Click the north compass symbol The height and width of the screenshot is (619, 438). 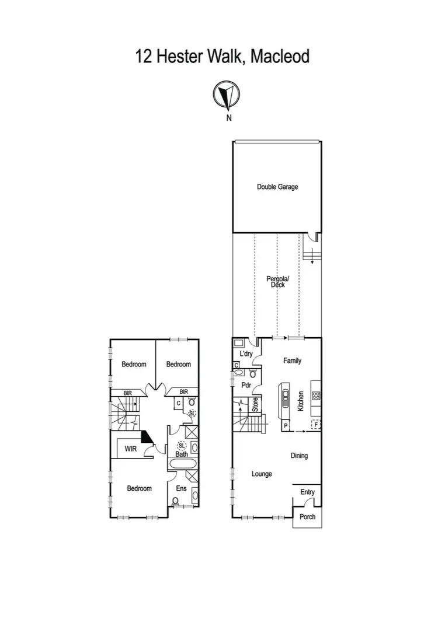pos(227,96)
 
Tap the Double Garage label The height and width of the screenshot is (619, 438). pos(277,187)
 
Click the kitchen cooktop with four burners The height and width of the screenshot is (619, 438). pos(316,395)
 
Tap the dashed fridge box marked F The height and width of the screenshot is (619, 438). pos(316,425)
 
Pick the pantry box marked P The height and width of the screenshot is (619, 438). pos(286,426)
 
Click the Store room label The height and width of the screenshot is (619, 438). pos(255,405)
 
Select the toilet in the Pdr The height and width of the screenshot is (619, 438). pos(253,373)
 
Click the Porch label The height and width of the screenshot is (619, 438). pos(307,517)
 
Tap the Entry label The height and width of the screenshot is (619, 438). pos(307,492)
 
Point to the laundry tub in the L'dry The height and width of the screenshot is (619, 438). pos(239,344)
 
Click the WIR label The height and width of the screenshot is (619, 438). pos(129,450)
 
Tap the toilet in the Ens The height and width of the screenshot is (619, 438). pos(176,501)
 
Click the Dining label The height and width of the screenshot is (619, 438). pos(299,456)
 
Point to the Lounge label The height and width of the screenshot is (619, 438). pos(262,474)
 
